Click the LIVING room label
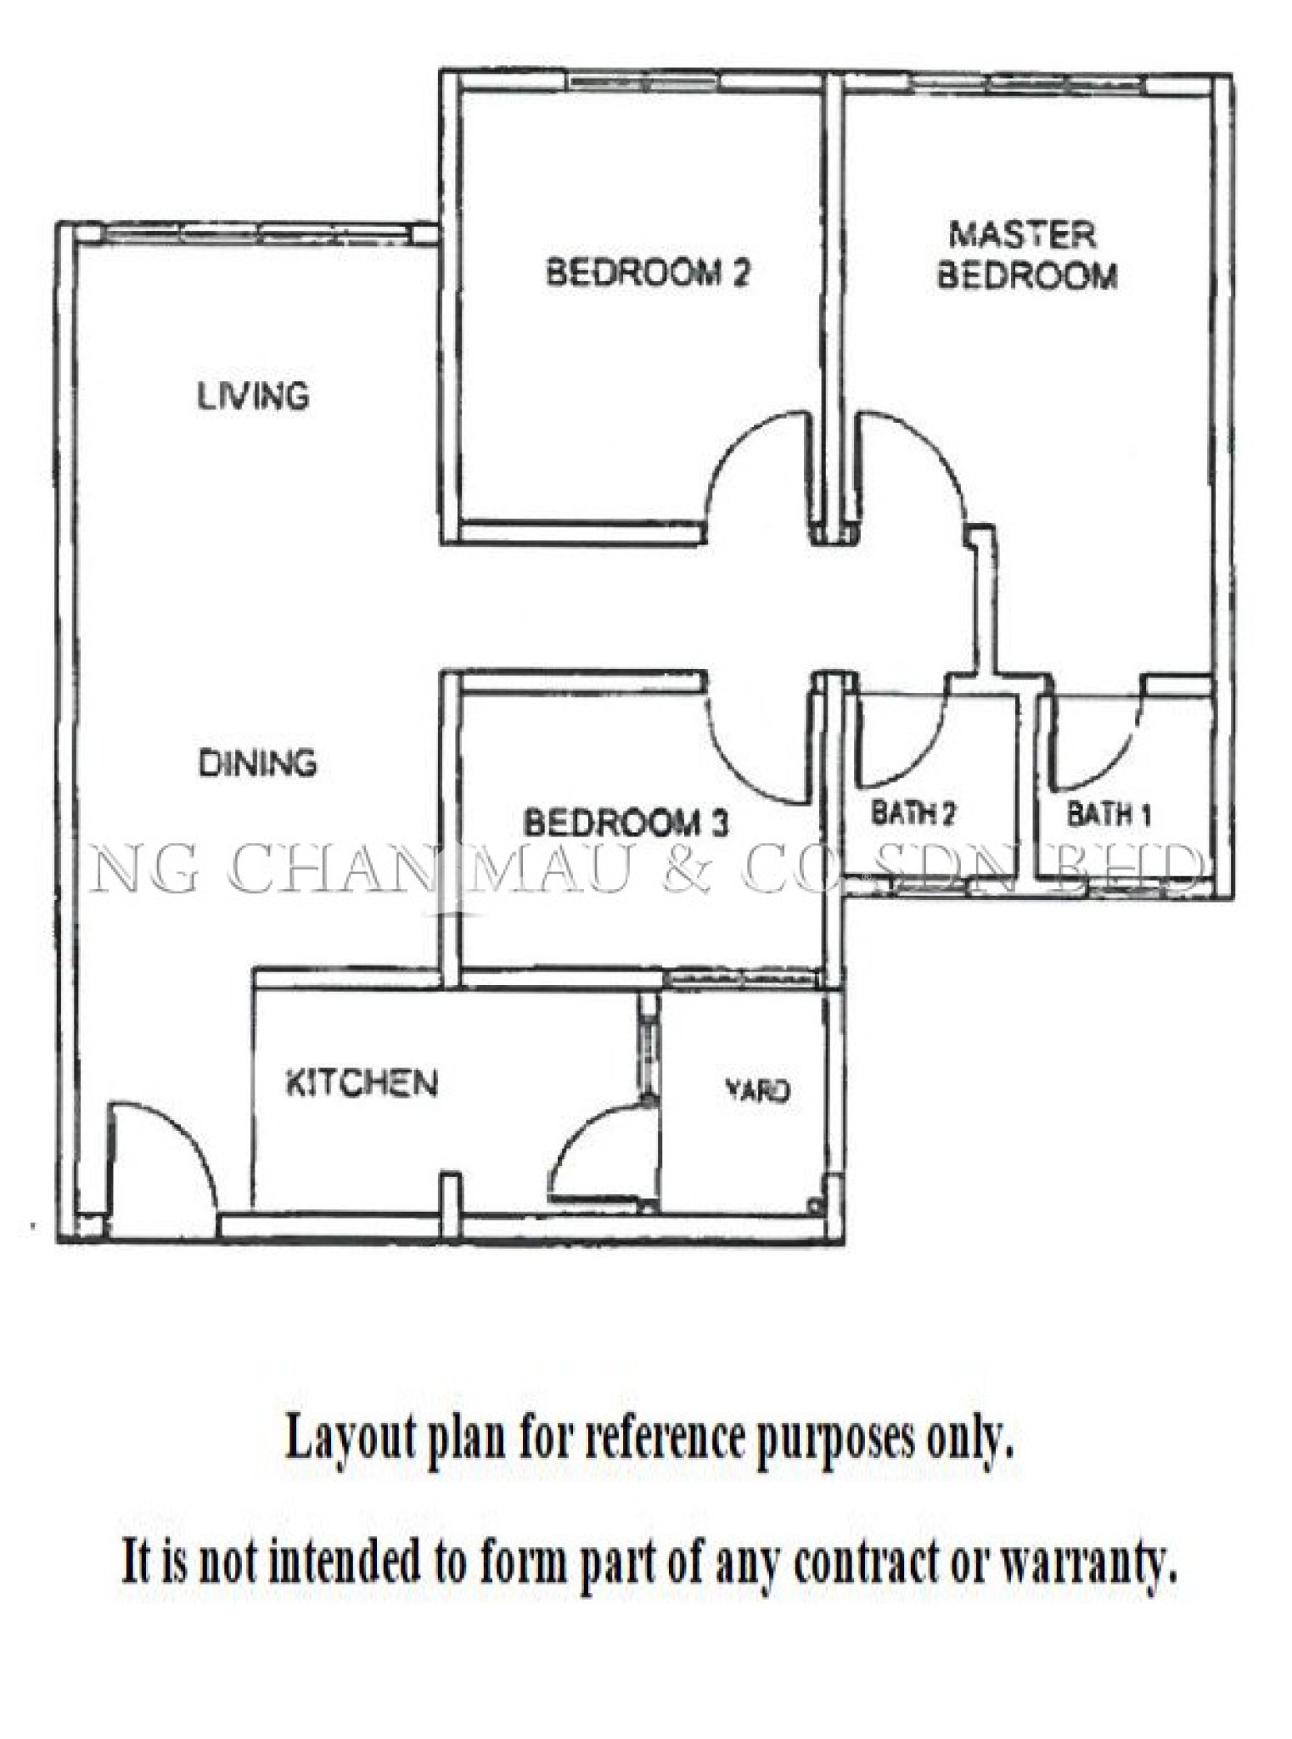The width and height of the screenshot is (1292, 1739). [x=253, y=397]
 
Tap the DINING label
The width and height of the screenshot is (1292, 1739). [x=258, y=763]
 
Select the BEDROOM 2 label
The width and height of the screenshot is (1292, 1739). [x=649, y=273]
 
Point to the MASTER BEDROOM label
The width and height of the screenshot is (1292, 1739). [x=1025, y=255]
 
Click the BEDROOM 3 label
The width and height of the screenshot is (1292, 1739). [x=626, y=823]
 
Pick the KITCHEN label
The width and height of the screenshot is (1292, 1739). [x=362, y=1083]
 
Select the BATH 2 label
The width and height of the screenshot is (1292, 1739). [x=913, y=813]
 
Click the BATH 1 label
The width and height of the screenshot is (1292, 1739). [x=1109, y=814]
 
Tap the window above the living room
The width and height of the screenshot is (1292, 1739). [x=255, y=234]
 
